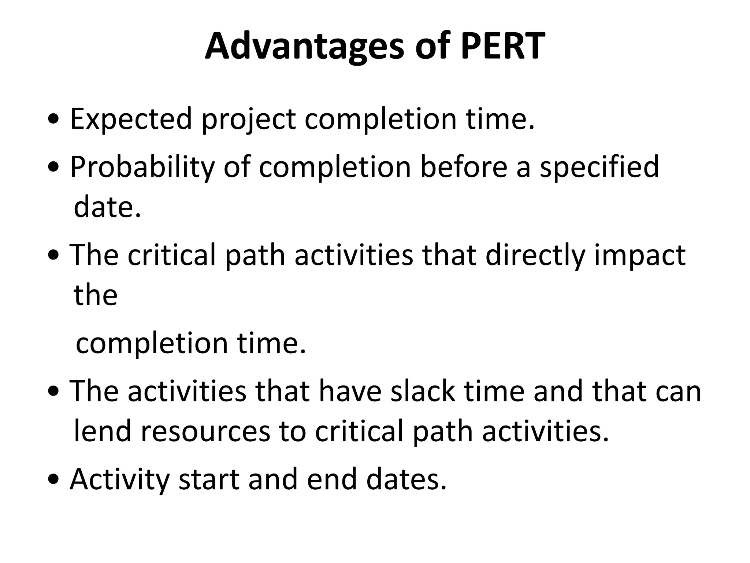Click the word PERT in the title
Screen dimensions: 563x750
click(x=503, y=47)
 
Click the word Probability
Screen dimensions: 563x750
click(x=142, y=167)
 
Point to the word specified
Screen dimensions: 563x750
click(x=599, y=167)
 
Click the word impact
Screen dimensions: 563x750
click(x=639, y=256)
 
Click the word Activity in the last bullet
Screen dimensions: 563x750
click(x=119, y=480)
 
